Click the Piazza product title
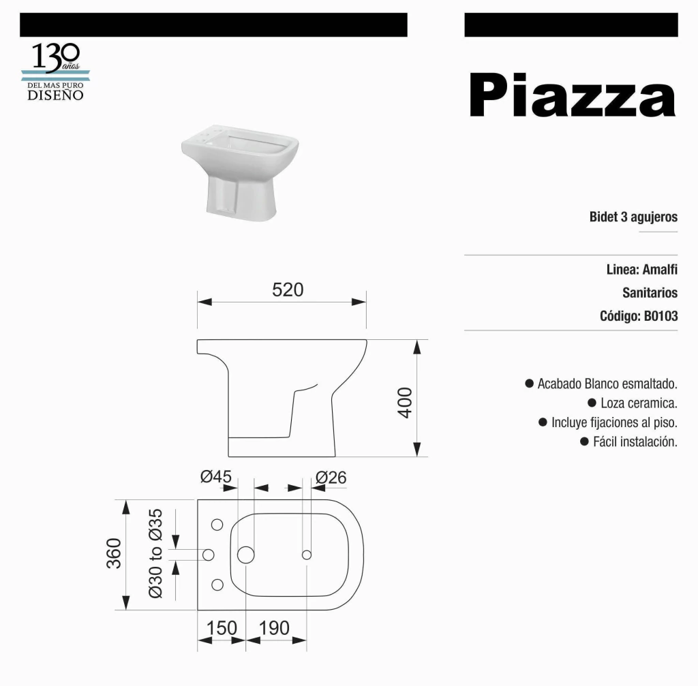coord(573,95)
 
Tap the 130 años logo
coord(56,71)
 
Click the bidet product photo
coord(240,172)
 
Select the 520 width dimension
coord(288,290)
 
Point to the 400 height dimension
coord(405,403)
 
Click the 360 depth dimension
coord(114,553)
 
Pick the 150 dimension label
coord(222,628)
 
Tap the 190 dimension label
coord(274,628)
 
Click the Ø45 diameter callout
coord(216,476)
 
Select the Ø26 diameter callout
coord(331,478)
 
